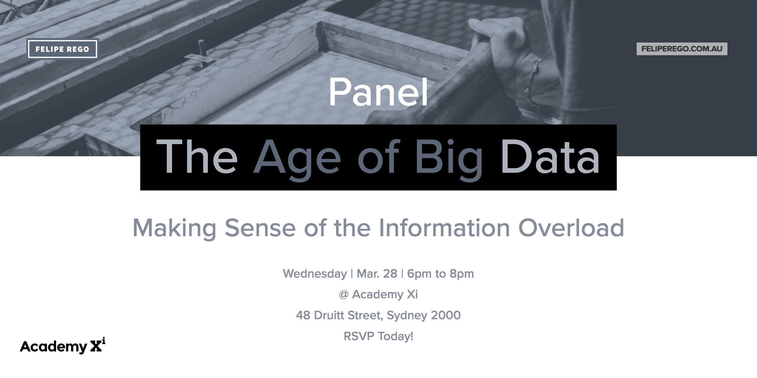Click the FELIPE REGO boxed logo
click(62, 49)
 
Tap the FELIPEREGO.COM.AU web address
click(682, 49)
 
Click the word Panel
click(378, 92)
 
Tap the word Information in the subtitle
click(444, 228)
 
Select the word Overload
click(571, 228)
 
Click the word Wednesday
click(315, 274)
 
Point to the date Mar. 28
click(377, 274)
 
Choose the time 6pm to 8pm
click(441, 274)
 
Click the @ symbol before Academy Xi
click(344, 295)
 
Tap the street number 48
click(303, 315)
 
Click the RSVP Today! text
click(378, 336)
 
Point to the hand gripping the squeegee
click(503, 50)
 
